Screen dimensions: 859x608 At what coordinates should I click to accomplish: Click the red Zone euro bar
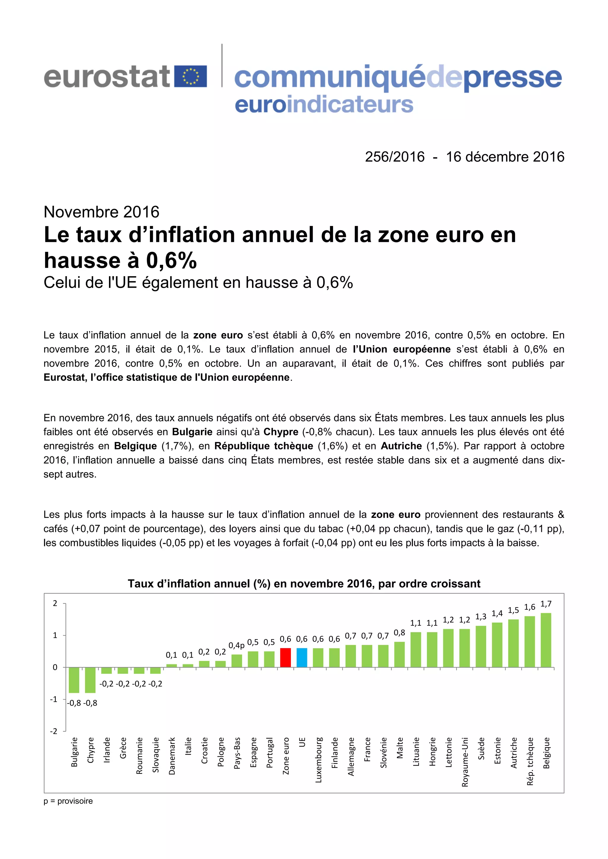(286, 657)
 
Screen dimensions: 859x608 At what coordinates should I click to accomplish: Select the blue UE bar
(302, 657)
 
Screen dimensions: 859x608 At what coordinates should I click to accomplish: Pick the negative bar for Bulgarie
(74, 680)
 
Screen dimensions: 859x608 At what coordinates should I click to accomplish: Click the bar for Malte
(400, 654)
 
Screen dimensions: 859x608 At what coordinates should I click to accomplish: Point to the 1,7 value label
(546, 604)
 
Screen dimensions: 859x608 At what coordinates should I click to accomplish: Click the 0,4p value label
(237, 645)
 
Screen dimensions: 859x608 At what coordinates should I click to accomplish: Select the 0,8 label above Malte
(400, 633)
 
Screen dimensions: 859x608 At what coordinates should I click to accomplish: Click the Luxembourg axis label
(319, 760)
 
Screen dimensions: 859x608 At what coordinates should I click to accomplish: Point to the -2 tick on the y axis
(54, 731)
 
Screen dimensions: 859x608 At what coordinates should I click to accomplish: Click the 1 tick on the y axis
(55, 635)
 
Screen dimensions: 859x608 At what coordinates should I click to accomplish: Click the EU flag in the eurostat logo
(191, 76)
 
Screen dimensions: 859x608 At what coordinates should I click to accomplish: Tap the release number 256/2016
(395, 157)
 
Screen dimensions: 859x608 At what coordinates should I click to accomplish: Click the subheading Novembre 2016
(102, 212)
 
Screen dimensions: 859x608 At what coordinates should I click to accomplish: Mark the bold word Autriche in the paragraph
(401, 446)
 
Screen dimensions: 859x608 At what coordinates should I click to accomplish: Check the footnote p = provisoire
(68, 801)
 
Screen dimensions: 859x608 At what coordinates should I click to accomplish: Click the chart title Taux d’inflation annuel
(304, 584)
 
